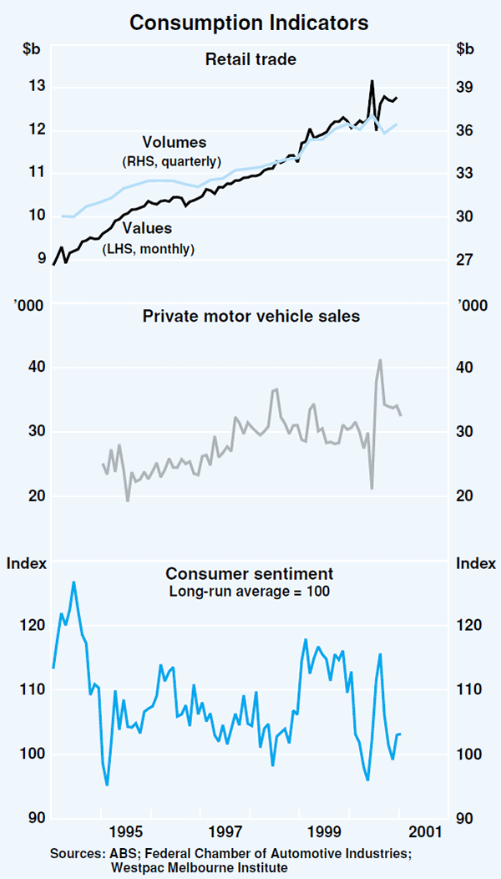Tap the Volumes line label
coord(174,142)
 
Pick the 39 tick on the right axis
coord(465,87)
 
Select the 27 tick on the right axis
coord(465,260)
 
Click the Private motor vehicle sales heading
coord(250,316)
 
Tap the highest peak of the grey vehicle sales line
coord(380,360)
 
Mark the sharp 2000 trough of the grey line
coord(372,488)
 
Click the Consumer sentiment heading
coord(250,574)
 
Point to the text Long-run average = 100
coord(250,592)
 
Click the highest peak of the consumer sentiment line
coord(73,582)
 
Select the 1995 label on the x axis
coord(124,832)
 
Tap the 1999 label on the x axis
coord(323,832)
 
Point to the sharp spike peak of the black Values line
coord(372,81)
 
